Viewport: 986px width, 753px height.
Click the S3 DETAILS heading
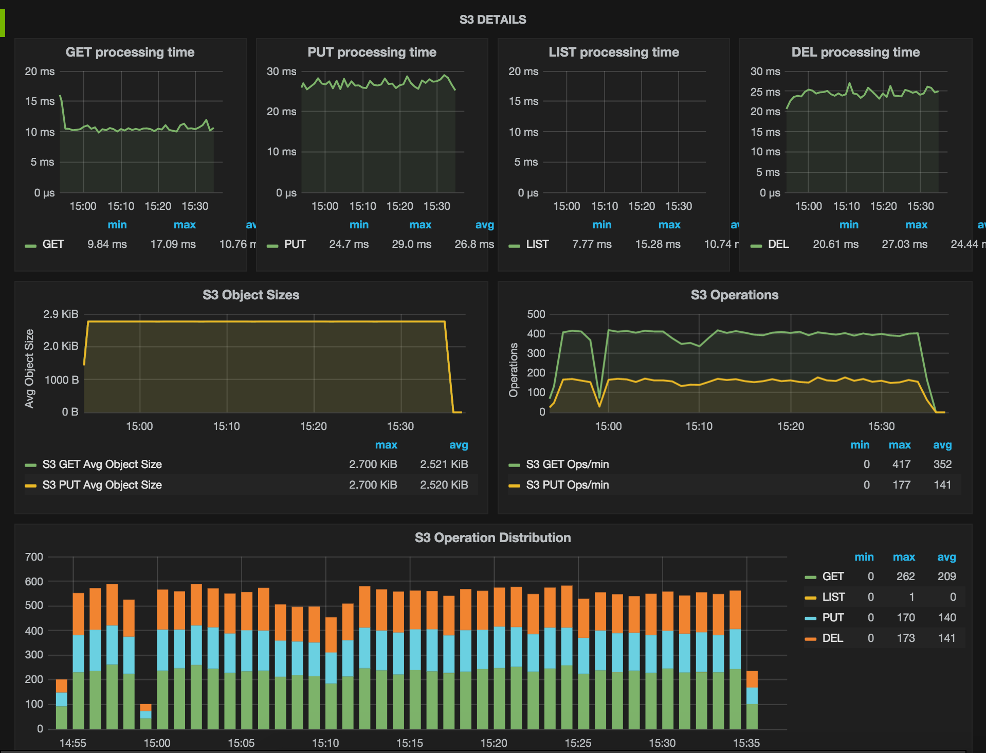click(492, 20)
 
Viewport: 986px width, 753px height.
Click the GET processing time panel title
click(130, 52)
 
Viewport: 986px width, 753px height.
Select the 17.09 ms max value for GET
click(173, 244)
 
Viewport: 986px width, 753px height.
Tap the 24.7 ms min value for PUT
click(349, 244)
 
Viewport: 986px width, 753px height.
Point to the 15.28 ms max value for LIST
click(658, 244)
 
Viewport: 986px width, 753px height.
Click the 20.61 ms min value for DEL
click(835, 244)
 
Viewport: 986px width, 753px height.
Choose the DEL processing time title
click(855, 52)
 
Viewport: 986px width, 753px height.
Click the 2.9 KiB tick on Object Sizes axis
click(61, 314)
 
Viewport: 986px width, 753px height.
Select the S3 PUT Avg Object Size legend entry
click(102, 485)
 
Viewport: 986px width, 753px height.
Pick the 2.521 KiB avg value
click(444, 464)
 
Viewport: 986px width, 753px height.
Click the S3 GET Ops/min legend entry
click(567, 464)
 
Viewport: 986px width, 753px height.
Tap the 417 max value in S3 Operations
click(901, 464)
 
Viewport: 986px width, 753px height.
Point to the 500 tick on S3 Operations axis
click(536, 314)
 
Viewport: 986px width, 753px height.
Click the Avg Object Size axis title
click(29, 369)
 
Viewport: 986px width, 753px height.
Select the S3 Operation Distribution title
click(492, 537)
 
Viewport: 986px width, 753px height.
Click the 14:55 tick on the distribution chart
click(72, 743)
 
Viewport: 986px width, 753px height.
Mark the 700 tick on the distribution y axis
click(34, 557)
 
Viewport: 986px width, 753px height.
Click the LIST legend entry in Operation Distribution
click(833, 597)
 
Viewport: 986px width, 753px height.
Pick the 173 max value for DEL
click(905, 638)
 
